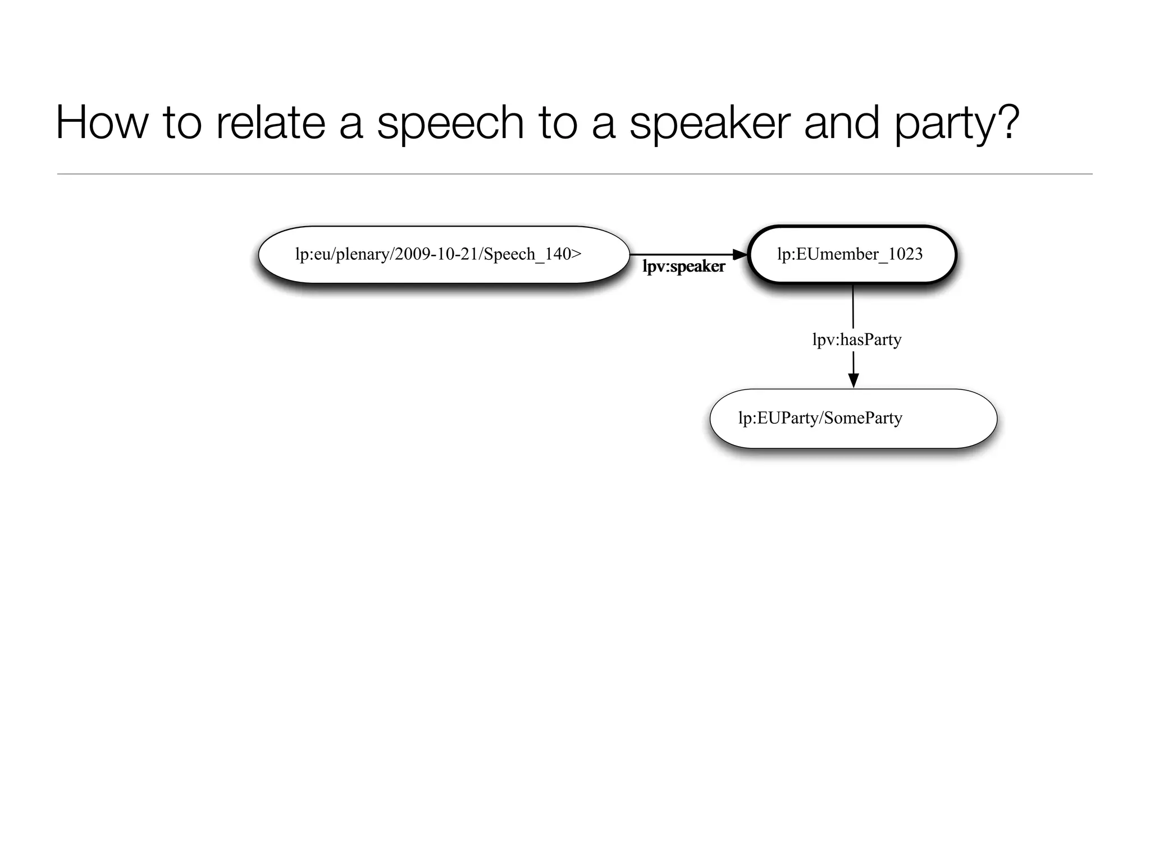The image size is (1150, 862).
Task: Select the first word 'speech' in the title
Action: click(450, 123)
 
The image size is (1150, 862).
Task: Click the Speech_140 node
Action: click(444, 255)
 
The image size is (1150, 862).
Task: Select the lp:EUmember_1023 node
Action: click(852, 255)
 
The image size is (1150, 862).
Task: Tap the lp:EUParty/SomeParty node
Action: click(853, 419)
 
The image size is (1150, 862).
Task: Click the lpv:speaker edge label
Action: click(683, 267)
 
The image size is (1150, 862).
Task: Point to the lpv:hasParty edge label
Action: click(856, 340)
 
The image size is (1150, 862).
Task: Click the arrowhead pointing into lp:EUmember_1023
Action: click(741, 255)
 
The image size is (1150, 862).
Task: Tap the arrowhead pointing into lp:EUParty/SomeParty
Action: click(854, 380)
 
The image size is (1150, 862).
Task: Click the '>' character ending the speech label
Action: click(576, 254)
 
